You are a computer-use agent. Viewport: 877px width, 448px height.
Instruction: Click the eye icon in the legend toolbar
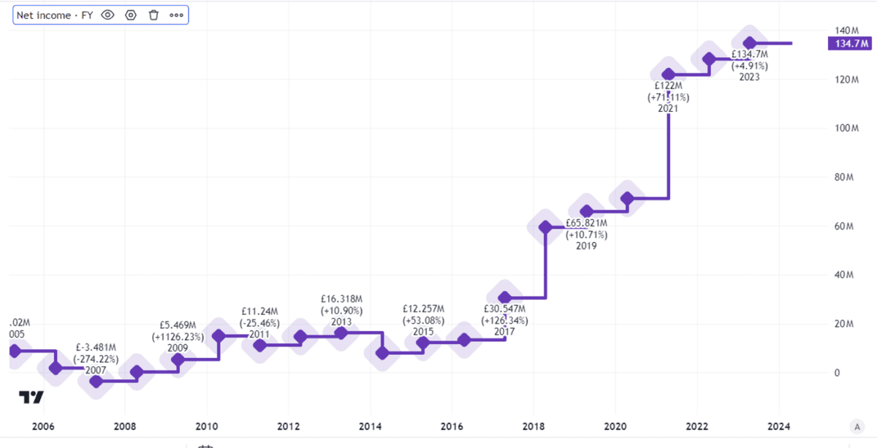click(108, 15)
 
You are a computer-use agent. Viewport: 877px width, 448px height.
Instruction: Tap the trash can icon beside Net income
click(153, 15)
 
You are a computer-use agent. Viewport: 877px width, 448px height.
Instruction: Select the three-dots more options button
click(176, 15)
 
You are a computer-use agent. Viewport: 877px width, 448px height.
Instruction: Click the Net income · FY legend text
click(54, 15)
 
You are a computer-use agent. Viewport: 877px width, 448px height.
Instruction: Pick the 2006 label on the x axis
click(43, 427)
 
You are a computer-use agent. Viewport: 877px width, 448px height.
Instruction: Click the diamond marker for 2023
click(749, 43)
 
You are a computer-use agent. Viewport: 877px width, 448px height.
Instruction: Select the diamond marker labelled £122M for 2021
click(668, 75)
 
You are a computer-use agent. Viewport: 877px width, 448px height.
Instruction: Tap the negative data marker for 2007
click(96, 381)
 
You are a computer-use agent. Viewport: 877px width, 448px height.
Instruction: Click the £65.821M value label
click(586, 224)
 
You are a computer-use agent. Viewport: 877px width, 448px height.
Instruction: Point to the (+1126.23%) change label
click(178, 337)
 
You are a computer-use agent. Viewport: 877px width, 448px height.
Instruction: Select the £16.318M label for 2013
click(341, 299)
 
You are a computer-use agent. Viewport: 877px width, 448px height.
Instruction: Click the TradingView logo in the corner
click(31, 398)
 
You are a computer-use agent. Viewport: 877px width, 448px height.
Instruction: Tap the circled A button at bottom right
click(857, 427)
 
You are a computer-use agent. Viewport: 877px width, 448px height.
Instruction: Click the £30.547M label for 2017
click(504, 309)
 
